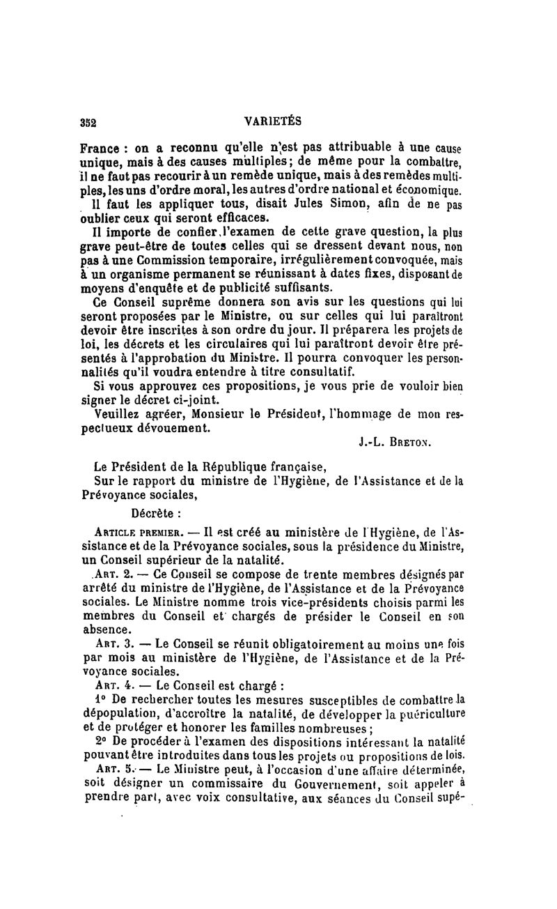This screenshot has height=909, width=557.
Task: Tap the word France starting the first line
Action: point(100,148)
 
